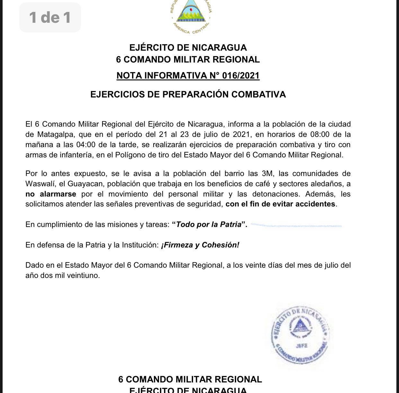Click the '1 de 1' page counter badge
(50, 17)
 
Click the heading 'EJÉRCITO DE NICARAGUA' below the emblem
(188, 48)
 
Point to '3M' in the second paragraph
(267, 173)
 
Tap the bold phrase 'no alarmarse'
(51, 194)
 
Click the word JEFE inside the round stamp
(301, 346)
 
